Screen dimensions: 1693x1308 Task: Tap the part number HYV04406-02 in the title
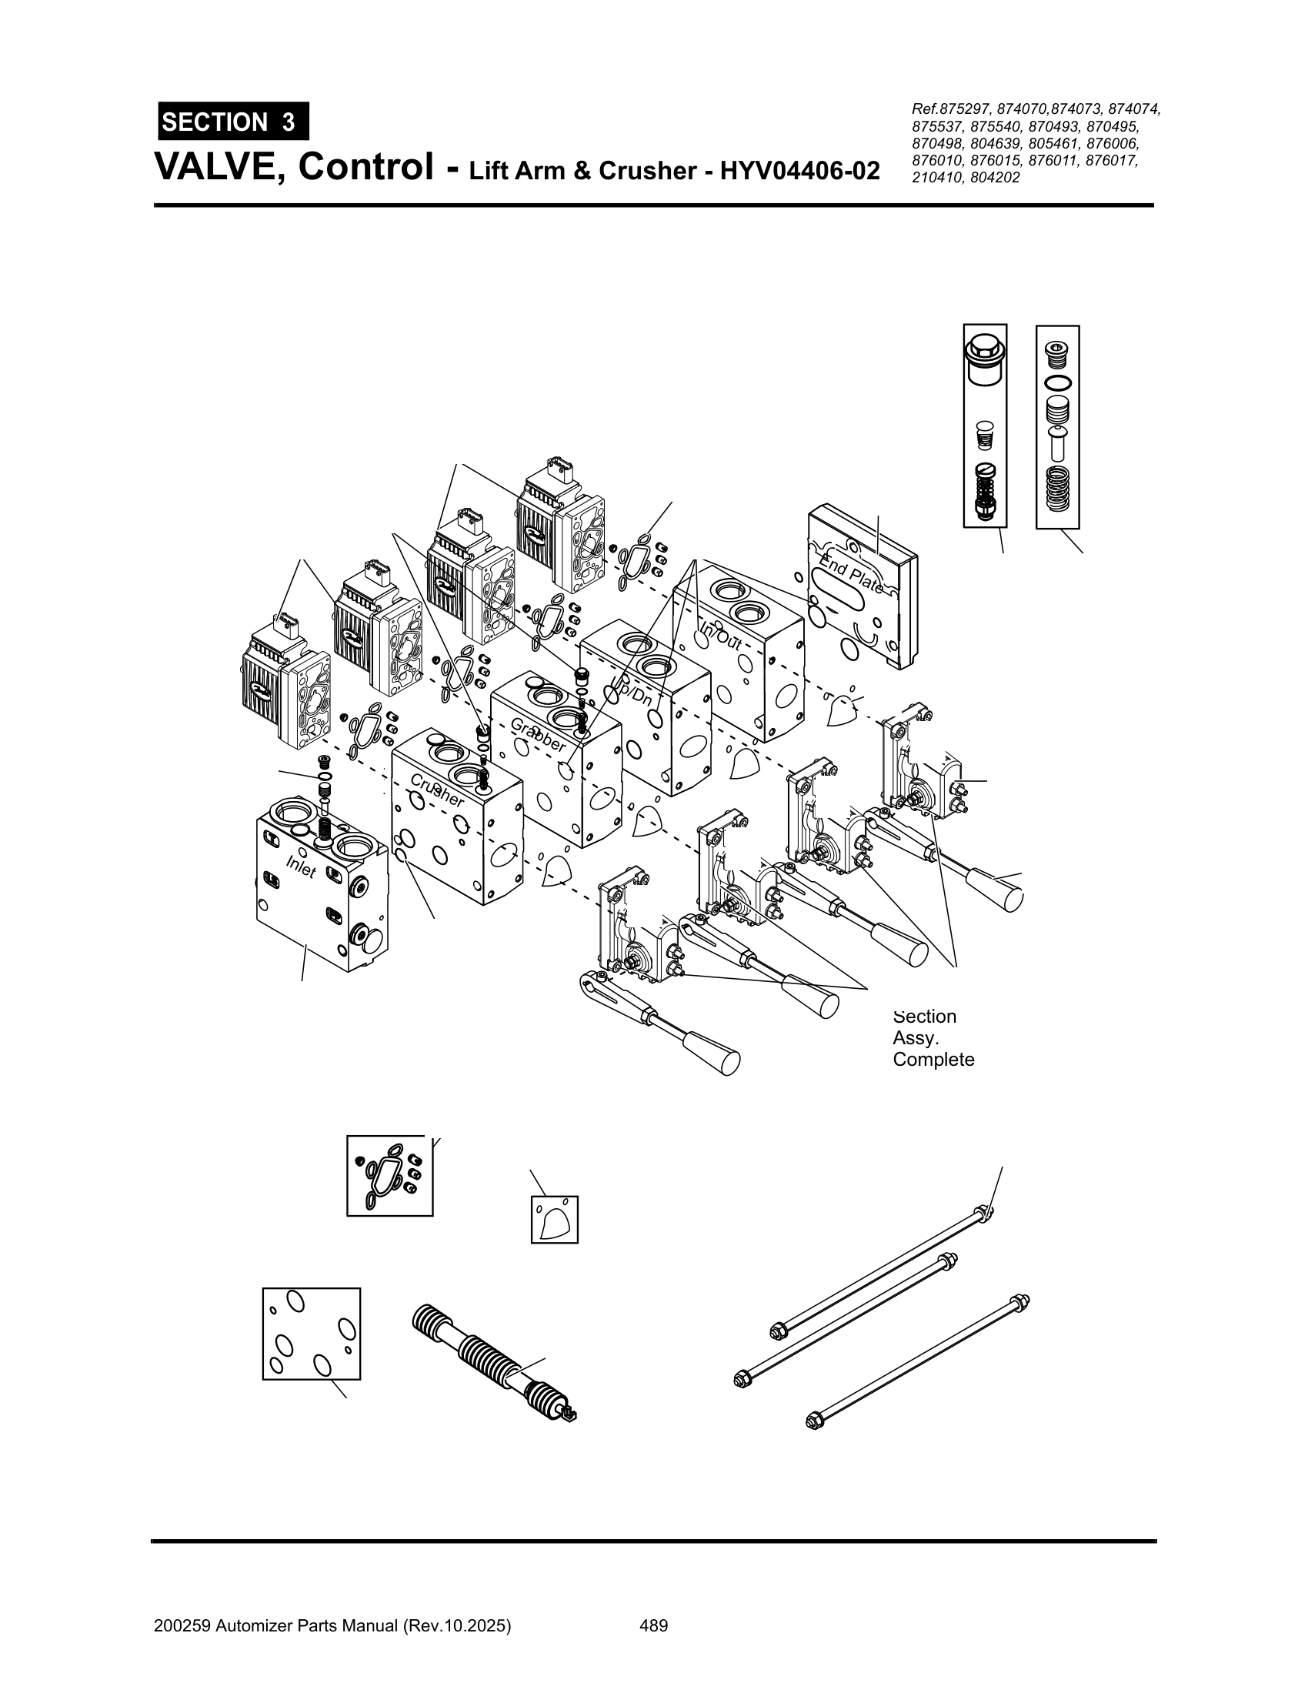coord(799,170)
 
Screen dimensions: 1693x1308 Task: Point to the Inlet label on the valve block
coord(301,867)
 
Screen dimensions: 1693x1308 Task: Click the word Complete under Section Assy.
coord(933,1060)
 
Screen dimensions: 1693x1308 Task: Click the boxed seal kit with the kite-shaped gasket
coord(389,1176)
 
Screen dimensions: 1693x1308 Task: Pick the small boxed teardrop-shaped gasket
coord(554,1220)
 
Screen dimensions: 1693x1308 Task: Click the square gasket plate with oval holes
coord(312,1334)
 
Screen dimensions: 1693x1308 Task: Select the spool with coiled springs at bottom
coord(496,1362)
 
